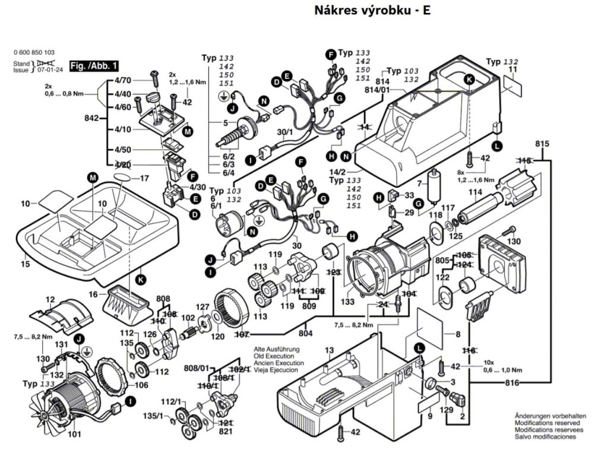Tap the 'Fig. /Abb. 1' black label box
pyautogui.click(x=94, y=65)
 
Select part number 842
pyautogui.click(x=91, y=119)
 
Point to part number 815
pyautogui.click(x=541, y=144)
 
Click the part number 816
pyautogui.click(x=512, y=384)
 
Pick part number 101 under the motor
pyautogui.click(x=74, y=434)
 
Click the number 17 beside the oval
pyautogui.click(x=144, y=178)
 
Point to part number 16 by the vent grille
pyautogui.click(x=93, y=294)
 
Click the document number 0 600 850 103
pyautogui.click(x=33, y=52)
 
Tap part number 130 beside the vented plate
pyautogui.click(x=514, y=241)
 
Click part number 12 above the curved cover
pyautogui.click(x=50, y=299)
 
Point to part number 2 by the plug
pyautogui.click(x=462, y=416)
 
